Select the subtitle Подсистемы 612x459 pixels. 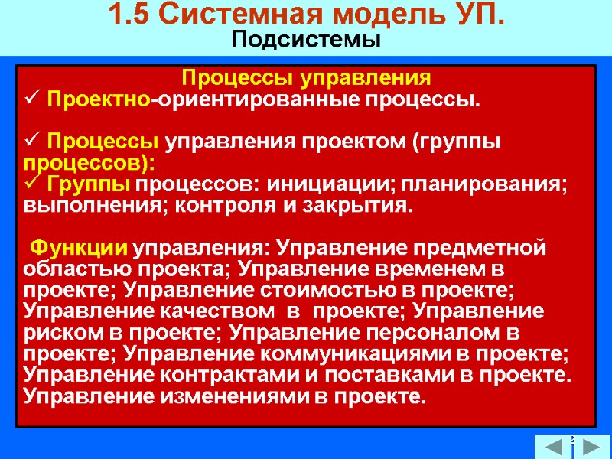(x=306, y=40)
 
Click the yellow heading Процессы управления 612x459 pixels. (x=306, y=77)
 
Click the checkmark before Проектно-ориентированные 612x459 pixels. (x=31, y=99)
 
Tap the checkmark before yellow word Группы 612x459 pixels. (x=31, y=184)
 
